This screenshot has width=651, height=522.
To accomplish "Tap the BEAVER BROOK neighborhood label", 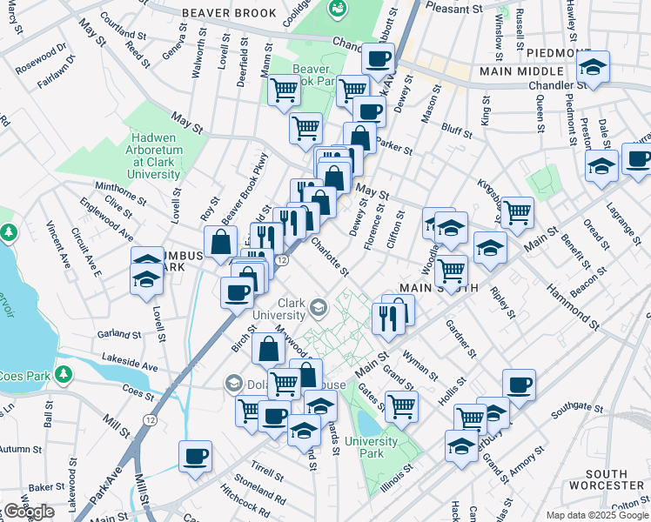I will click(229, 13).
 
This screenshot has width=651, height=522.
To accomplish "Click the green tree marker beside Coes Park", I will click(63, 374).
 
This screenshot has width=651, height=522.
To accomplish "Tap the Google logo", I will click(29, 512).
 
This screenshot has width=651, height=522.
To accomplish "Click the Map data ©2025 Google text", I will click(596, 515).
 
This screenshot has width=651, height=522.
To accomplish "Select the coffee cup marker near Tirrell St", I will click(195, 455).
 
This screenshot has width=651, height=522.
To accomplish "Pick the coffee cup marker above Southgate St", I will click(520, 385).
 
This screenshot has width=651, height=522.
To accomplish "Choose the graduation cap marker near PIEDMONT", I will click(594, 66).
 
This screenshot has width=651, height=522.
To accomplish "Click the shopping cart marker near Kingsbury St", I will click(517, 211).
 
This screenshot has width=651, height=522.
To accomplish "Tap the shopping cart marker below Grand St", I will click(401, 405).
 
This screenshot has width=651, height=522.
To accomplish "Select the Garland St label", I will click(119, 333).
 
